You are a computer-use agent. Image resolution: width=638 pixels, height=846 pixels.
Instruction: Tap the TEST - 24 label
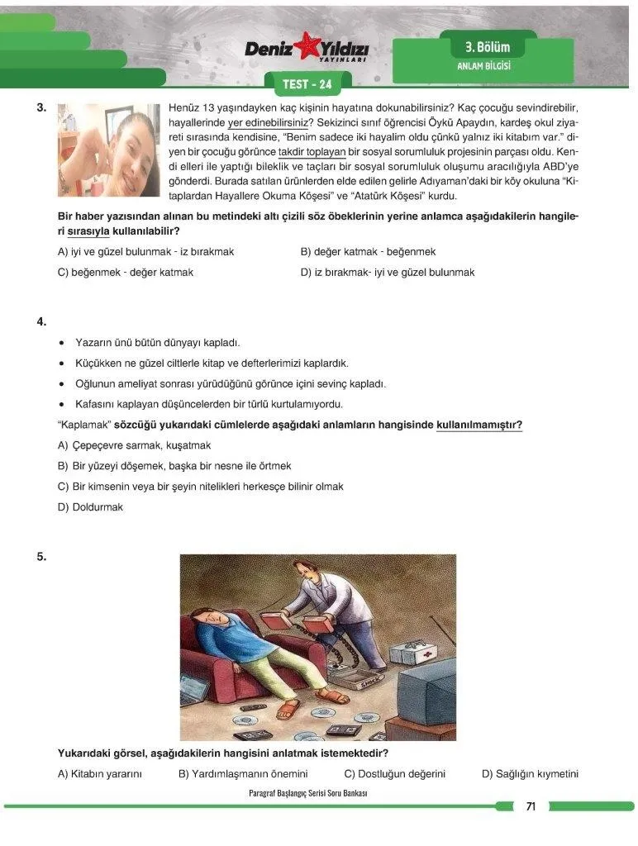(307, 84)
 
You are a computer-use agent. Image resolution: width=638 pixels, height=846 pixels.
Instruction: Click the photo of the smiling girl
(108, 150)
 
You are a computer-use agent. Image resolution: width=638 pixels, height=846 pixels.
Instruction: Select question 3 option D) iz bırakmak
(387, 272)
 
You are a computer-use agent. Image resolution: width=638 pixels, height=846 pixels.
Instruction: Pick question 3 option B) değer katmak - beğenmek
(368, 251)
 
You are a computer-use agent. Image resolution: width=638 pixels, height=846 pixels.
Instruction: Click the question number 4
(41, 321)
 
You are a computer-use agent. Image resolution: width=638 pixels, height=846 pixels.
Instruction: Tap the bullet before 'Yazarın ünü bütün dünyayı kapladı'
(63, 343)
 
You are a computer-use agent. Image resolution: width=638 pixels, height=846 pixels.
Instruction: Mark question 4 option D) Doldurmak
(90, 507)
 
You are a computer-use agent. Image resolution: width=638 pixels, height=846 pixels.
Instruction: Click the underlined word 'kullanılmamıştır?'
(479, 425)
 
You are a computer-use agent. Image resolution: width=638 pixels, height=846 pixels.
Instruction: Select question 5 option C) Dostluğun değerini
(394, 774)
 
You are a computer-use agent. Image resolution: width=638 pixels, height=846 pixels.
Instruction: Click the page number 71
(531, 806)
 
